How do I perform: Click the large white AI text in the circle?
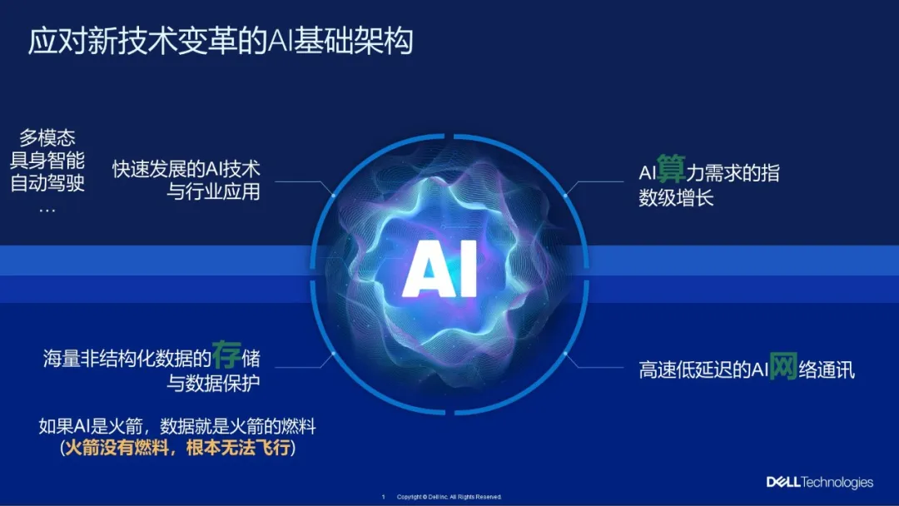440,269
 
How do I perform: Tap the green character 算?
671,168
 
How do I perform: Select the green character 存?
226,355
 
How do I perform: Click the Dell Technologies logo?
820,483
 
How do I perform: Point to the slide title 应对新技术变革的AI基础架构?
221,42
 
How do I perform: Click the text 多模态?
47,137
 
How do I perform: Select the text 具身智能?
47,160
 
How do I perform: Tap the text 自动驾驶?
47,183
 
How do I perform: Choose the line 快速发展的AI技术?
186,169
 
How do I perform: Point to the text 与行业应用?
213,191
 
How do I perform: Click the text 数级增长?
676,198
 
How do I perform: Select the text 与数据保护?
213,382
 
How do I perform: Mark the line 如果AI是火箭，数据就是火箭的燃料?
177,426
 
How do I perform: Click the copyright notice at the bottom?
449,497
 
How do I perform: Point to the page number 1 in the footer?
384,497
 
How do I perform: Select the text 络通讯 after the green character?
827,370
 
